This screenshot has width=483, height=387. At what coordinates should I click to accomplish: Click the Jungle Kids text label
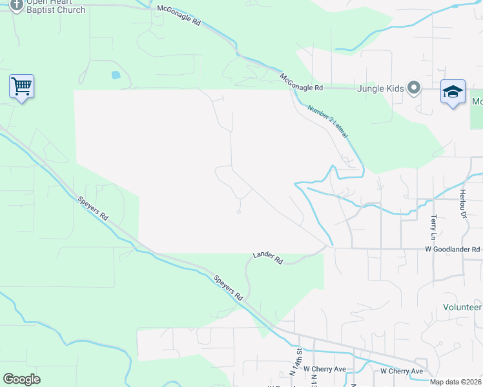coord(380,88)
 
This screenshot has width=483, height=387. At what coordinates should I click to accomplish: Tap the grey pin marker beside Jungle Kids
coord(414,88)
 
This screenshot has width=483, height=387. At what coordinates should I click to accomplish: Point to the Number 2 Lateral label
coord(328,121)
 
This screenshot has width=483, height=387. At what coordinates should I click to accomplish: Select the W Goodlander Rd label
coord(452,249)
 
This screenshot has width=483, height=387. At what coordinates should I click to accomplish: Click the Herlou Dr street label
coord(462,204)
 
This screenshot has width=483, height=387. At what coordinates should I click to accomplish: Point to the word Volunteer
coord(461,308)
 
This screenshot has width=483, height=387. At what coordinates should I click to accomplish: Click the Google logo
coord(21,379)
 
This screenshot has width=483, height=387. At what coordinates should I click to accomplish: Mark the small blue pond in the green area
coord(116,75)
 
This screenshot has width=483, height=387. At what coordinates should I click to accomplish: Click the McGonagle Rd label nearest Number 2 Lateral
coord(301,82)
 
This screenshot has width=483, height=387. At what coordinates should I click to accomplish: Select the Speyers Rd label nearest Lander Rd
coord(229,288)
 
